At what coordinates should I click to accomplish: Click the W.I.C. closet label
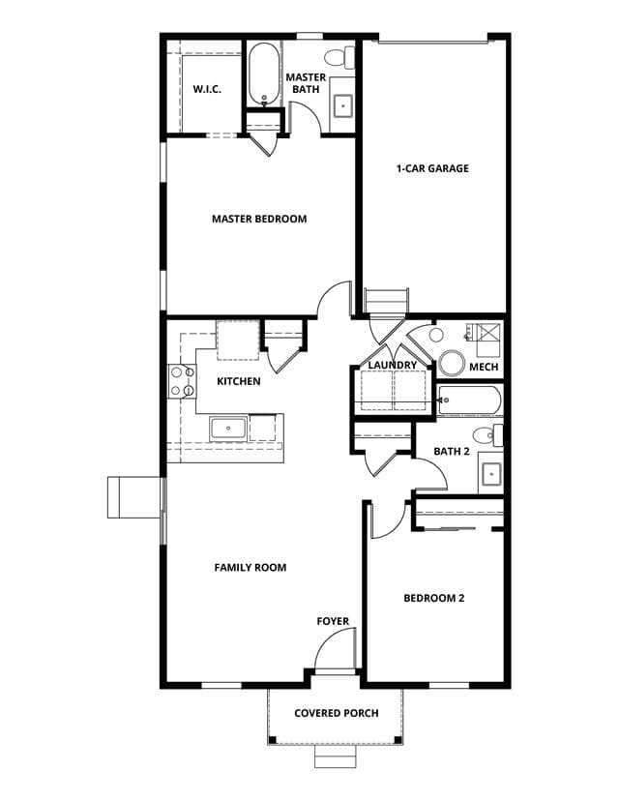[207, 89]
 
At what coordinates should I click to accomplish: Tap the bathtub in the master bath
[263, 74]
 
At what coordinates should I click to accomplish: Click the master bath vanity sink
[342, 105]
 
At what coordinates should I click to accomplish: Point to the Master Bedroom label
[259, 220]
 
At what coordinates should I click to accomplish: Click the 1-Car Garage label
[432, 168]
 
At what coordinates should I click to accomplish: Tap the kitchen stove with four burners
[183, 381]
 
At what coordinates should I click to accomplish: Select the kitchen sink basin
[228, 429]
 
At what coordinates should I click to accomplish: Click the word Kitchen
[239, 381]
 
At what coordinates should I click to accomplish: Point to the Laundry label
[393, 366]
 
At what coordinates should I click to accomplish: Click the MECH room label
[484, 367]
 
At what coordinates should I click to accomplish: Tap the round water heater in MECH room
[452, 363]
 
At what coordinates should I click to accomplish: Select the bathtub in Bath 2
[469, 401]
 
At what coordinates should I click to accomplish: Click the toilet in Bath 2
[487, 435]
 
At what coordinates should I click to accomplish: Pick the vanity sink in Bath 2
[491, 474]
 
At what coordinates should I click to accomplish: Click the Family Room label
[251, 568]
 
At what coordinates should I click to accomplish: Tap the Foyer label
[333, 622]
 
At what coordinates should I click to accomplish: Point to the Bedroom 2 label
[434, 598]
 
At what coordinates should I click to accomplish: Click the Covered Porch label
[337, 713]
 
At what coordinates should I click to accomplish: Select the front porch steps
[335, 756]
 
